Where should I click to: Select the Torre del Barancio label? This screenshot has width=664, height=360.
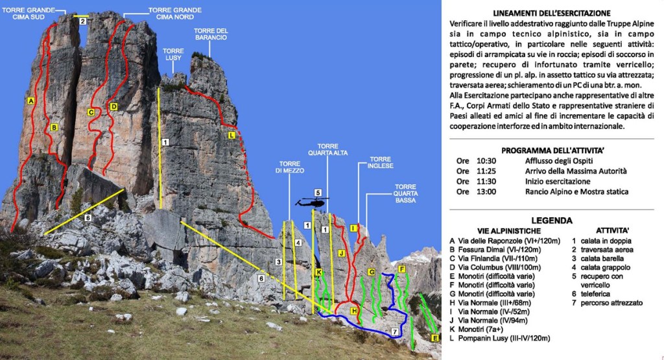click(211, 34)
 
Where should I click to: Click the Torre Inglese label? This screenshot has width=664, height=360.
click(381, 163)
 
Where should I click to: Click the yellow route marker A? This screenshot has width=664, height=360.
click(31, 101)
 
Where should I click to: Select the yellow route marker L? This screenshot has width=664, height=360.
click(231, 135)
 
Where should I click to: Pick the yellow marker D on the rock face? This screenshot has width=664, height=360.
click(113, 106)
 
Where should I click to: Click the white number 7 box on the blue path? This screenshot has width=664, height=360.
click(394, 331)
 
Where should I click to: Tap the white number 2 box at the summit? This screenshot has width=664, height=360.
click(82, 21)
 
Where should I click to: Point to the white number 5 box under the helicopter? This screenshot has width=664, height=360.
click(318, 193)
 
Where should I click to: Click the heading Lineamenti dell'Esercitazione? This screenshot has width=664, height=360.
click(551, 13)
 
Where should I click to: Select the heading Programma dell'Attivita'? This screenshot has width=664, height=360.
click(553, 150)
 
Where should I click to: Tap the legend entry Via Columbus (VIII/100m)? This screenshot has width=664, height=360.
click(497, 267)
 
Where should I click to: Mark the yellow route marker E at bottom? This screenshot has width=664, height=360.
click(434, 338)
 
